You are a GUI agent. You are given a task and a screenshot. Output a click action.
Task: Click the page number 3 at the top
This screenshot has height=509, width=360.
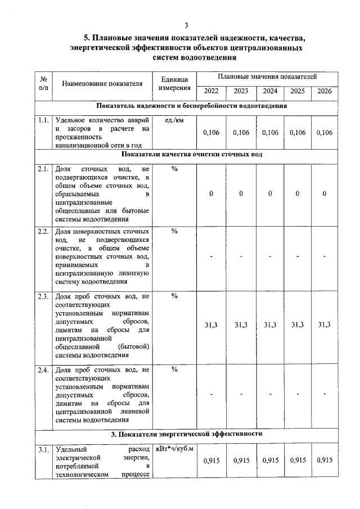coord(186,25)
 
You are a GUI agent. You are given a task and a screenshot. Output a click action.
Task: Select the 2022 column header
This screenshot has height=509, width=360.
coord(211,91)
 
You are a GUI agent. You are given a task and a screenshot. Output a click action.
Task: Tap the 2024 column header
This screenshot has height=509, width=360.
coord(270,91)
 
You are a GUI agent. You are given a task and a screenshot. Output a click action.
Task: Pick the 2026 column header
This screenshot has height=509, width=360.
coord(325,91)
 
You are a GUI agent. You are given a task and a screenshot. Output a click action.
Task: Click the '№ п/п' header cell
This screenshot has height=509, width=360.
coord(43,84)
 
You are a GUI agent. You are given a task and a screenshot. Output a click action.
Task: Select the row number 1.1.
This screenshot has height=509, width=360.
coord(43,120)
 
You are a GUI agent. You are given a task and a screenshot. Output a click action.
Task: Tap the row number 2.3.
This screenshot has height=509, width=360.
coord(43,296)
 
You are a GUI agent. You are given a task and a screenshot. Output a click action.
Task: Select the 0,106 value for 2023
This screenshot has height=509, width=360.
coord(241,132)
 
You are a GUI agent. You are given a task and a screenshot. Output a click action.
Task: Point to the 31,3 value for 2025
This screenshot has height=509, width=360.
coord(298,325)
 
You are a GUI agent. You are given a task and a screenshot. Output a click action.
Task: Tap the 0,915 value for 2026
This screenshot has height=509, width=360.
coord(325,460)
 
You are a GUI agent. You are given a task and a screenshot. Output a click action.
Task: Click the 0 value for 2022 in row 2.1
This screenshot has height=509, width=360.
coord(211,193)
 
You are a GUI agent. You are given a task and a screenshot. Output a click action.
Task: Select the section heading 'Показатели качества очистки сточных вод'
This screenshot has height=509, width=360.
coord(191,155)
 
